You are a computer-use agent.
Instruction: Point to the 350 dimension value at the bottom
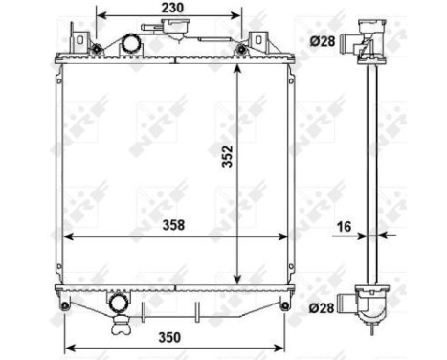pos(172,338)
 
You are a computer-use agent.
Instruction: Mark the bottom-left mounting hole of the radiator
pos(64,306)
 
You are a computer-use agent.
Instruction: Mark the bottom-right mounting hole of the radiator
pos(284,306)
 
